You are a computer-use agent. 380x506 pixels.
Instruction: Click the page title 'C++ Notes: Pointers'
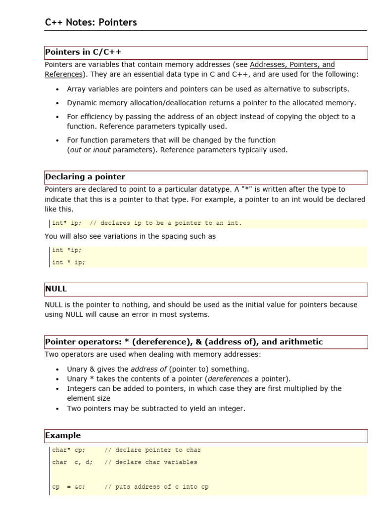[91, 22]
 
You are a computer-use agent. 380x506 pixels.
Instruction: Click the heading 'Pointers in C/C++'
[83, 52]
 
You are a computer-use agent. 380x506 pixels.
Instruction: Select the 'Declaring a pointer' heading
[85, 177]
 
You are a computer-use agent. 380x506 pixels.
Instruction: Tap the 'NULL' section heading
[55, 289]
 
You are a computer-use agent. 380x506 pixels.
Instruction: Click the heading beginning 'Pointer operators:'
[184, 341]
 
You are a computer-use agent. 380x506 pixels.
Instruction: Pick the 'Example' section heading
[62, 435]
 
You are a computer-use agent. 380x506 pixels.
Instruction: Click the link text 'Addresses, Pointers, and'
[292, 64]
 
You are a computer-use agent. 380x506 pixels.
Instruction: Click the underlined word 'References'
[63, 74]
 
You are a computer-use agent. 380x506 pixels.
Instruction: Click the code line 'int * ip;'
[68, 262]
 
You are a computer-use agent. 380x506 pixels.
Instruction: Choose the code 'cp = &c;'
[68, 487]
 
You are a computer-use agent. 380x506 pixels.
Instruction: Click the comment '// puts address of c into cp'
[156, 487]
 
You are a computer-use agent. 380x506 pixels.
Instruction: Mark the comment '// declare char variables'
[150, 463]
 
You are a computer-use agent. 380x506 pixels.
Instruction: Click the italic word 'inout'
[103, 150]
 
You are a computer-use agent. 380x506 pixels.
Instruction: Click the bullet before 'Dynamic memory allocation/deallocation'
[57, 103]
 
